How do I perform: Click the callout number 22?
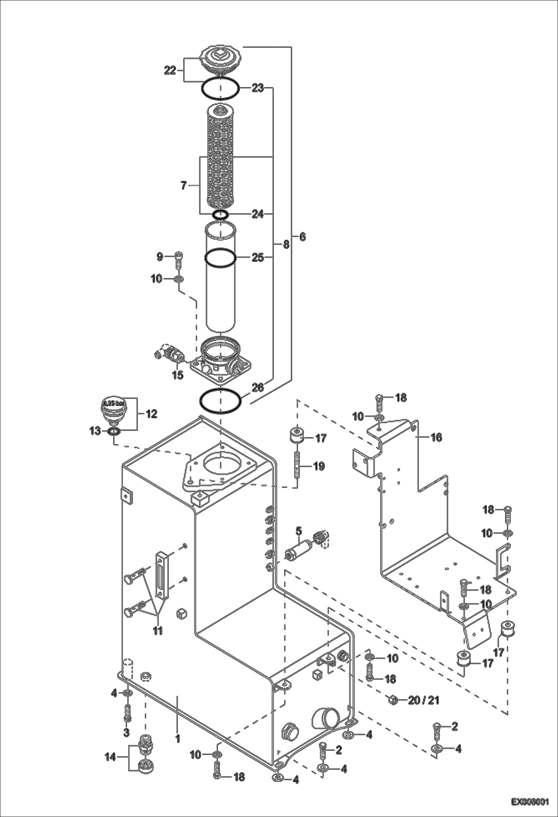point(170,70)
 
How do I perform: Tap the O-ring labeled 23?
point(220,89)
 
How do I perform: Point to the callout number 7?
point(184,185)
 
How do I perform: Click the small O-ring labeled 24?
point(220,214)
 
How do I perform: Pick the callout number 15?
point(178,375)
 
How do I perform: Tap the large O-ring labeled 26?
point(221,401)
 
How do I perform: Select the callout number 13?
point(95,431)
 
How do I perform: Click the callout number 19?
point(319,466)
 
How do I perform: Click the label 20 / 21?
point(424,700)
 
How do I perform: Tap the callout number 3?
point(126,732)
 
